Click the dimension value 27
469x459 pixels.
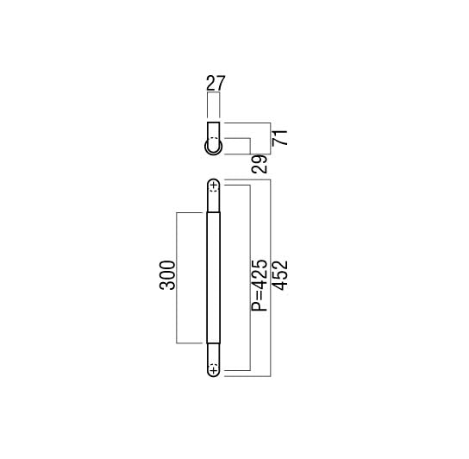216,83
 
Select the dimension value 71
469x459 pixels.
280,138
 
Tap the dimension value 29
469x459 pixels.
260,164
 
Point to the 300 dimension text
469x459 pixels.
167,275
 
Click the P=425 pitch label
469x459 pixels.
259,286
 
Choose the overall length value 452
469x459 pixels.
281,275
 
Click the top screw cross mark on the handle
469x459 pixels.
214,185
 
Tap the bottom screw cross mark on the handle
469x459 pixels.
213,371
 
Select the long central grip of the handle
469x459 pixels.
214,277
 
